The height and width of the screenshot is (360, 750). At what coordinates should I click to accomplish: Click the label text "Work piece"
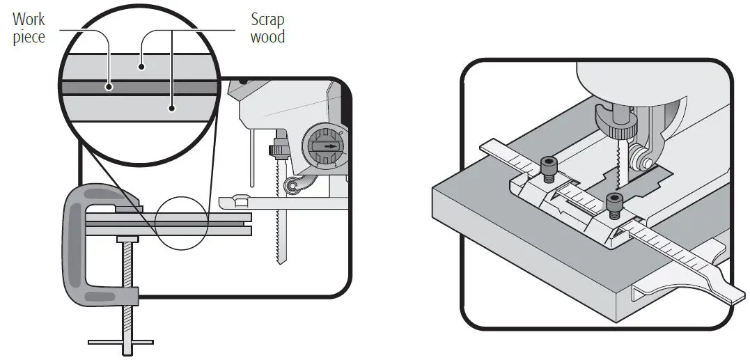pyautogui.click(x=29, y=28)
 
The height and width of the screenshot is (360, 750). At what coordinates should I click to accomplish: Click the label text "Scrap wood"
pyautogui.click(x=267, y=28)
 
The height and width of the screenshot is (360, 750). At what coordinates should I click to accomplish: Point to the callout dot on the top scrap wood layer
pyautogui.click(x=141, y=67)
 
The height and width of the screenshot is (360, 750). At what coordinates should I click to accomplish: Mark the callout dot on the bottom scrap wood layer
pyautogui.click(x=172, y=108)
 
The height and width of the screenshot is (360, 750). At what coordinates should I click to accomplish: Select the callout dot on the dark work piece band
pyautogui.click(x=109, y=87)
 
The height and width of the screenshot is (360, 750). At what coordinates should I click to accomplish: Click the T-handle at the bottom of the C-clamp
pyautogui.click(x=120, y=341)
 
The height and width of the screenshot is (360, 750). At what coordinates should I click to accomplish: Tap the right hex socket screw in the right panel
pyautogui.click(x=614, y=201)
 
